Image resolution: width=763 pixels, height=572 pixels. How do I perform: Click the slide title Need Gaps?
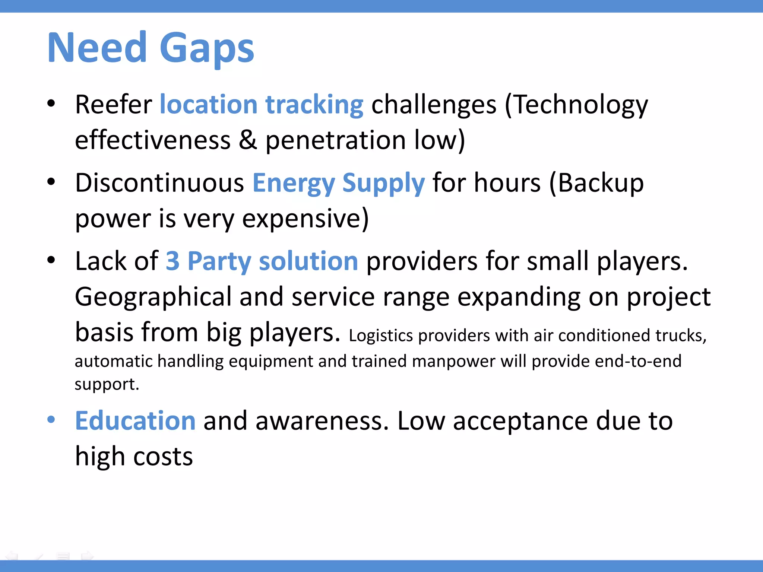pyautogui.click(x=151, y=48)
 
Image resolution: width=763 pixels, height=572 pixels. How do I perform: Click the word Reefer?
pyautogui.click(x=113, y=105)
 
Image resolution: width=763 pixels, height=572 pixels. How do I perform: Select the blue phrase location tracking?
pyautogui.click(x=261, y=105)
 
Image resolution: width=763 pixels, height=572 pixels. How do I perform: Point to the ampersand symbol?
pyautogui.click(x=248, y=140)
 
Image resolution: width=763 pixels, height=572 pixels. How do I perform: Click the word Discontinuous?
pyautogui.click(x=159, y=183)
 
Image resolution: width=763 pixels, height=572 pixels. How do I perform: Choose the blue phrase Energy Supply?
pyautogui.click(x=338, y=183)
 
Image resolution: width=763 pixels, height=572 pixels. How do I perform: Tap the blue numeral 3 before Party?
pyautogui.click(x=172, y=261)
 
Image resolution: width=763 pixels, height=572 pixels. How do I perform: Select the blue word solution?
pyautogui.click(x=308, y=261)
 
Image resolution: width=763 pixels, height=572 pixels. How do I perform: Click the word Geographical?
pyautogui.click(x=153, y=297)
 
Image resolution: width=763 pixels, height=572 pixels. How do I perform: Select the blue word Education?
pyautogui.click(x=135, y=421)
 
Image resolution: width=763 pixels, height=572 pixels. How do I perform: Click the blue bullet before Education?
pyautogui.click(x=51, y=420)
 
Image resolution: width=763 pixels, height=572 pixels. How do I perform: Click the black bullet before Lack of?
pyautogui.click(x=51, y=260)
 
